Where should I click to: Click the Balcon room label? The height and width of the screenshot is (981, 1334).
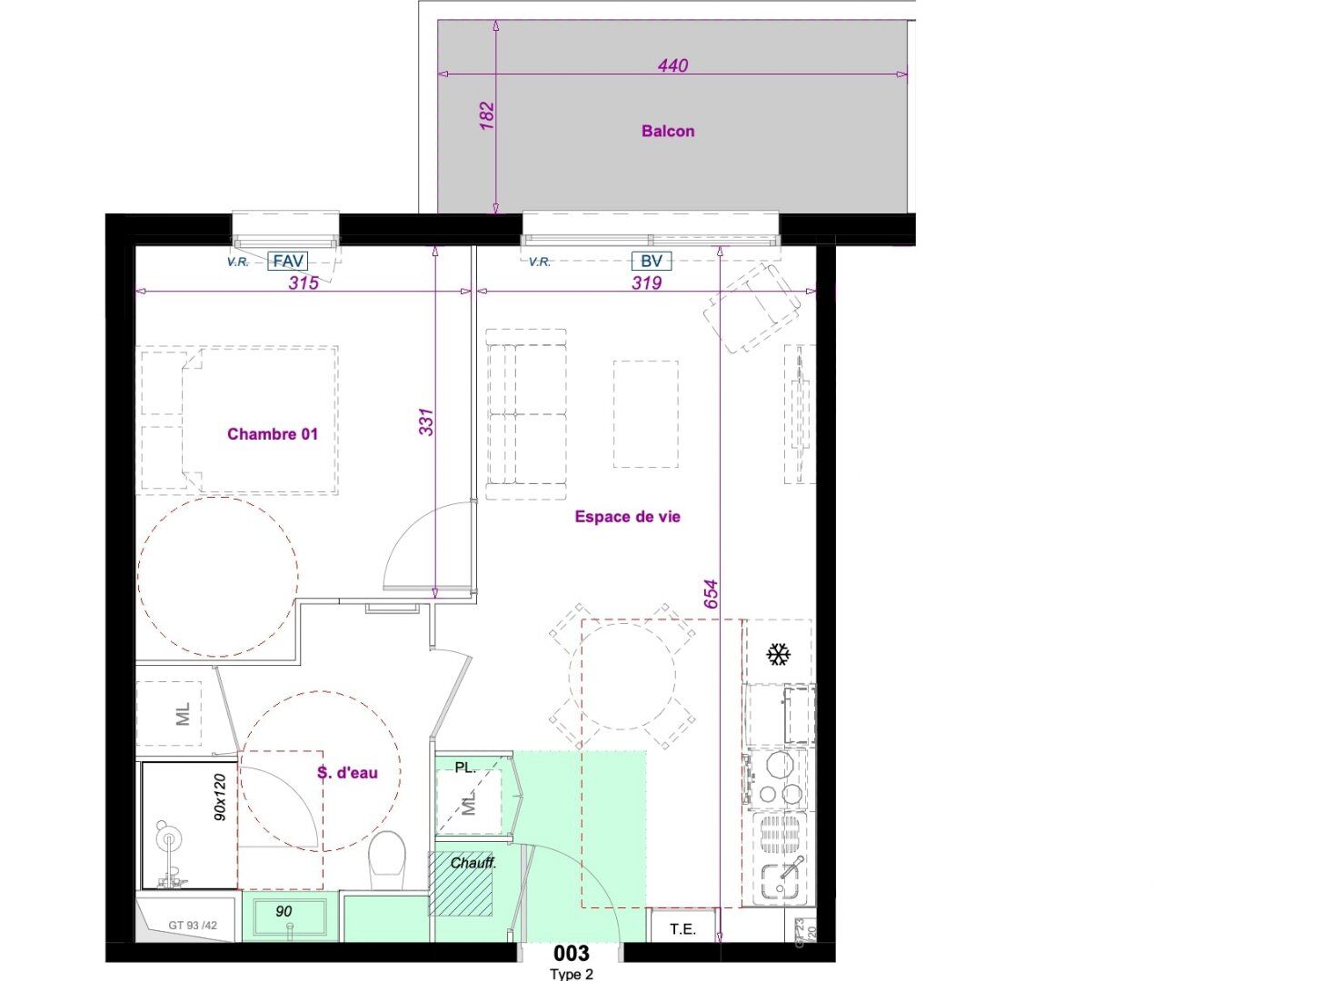pyautogui.click(x=668, y=131)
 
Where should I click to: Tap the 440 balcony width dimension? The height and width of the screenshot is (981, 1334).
pyautogui.click(x=673, y=65)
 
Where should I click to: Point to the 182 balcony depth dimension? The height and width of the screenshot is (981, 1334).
pyautogui.click(x=487, y=115)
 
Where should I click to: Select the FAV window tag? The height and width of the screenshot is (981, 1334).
pyautogui.click(x=288, y=262)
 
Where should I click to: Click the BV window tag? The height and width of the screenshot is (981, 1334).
pyautogui.click(x=652, y=262)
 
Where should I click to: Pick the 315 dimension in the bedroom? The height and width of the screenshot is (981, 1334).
pyautogui.click(x=304, y=283)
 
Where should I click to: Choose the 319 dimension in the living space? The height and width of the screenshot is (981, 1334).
pyautogui.click(x=646, y=283)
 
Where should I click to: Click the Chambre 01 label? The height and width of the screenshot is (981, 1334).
pyautogui.click(x=273, y=434)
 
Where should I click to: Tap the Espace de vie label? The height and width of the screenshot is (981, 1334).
pyautogui.click(x=627, y=517)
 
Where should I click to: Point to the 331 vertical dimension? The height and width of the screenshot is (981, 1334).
pyautogui.click(x=427, y=421)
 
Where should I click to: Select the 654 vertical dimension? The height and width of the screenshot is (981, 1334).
pyautogui.click(x=711, y=594)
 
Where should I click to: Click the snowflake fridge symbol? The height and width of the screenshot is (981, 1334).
pyautogui.click(x=778, y=654)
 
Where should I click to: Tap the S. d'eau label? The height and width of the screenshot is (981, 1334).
pyautogui.click(x=347, y=773)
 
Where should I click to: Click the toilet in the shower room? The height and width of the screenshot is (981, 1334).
pyautogui.click(x=388, y=854)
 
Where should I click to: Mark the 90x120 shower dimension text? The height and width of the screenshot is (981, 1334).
pyautogui.click(x=219, y=798)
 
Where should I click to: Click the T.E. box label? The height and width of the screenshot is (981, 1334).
pyautogui.click(x=682, y=929)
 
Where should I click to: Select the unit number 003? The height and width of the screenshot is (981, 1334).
pyautogui.click(x=572, y=953)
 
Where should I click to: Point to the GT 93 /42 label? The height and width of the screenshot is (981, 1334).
pyautogui.click(x=193, y=926)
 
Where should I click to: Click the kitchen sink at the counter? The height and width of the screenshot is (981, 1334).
pyautogui.click(x=781, y=877)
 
